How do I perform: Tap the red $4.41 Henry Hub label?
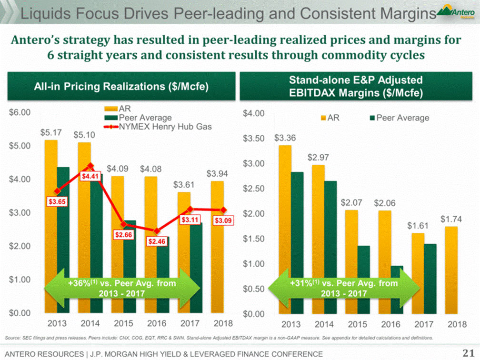[x=90, y=176]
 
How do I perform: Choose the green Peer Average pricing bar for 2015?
[x=130, y=267]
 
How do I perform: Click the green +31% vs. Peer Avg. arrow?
[x=343, y=288]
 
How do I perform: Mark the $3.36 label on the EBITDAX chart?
[x=285, y=138]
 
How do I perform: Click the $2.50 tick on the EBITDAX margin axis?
[x=252, y=189]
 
